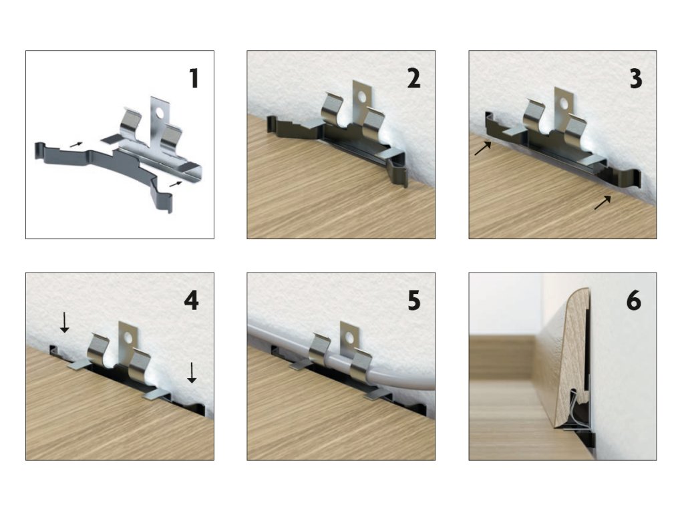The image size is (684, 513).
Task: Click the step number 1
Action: (x=194, y=79)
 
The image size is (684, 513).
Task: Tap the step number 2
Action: (x=413, y=79)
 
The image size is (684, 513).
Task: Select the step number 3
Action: (x=636, y=79)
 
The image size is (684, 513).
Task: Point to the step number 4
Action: (x=192, y=301)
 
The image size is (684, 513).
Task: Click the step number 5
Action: (x=414, y=301)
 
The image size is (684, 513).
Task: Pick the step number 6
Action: (x=634, y=301)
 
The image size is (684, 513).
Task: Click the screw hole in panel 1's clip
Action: (x=159, y=113)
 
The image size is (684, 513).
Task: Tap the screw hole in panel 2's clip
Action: (x=361, y=96)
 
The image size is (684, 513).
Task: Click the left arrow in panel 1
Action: (x=76, y=144)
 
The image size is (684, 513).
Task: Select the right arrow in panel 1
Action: (x=175, y=184)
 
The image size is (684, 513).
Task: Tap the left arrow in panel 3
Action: (x=483, y=148)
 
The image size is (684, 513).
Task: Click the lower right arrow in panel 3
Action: (x=603, y=202)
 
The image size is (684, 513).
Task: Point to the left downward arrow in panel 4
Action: (x=64, y=323)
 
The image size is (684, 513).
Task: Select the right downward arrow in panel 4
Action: (x=192, y=373)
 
